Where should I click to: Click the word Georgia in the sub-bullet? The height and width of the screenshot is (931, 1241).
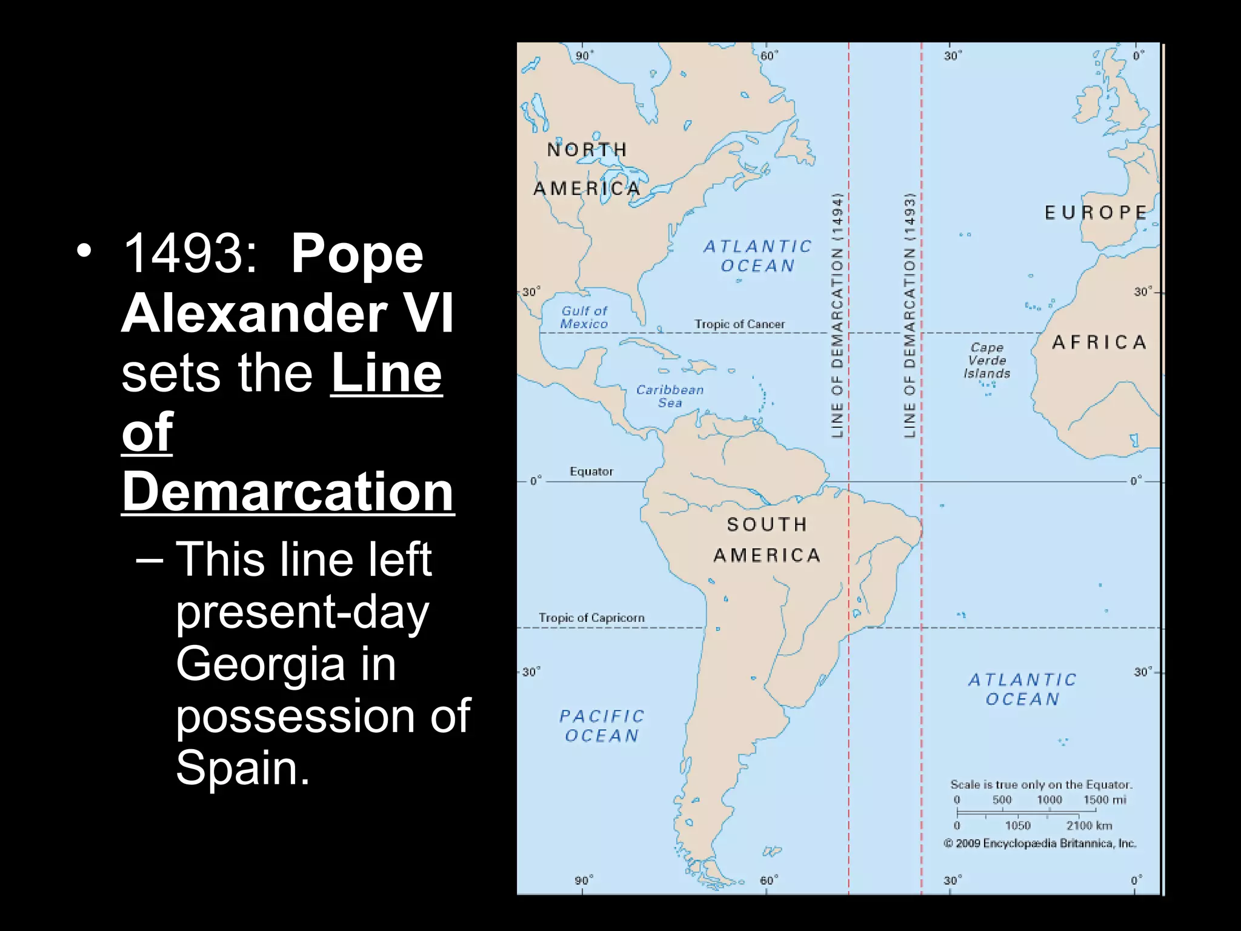coord(260,664)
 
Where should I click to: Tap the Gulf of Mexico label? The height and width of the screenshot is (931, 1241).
coord(584,318)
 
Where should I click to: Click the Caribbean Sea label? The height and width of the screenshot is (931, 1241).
coord(670,396)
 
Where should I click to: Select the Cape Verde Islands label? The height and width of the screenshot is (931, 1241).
coord(987,361)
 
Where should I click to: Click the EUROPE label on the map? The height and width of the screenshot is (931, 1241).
coord(1096,213)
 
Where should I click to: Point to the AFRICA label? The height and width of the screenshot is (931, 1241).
coord(1099,342)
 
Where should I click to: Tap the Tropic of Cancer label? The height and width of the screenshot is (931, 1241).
coord(739,324)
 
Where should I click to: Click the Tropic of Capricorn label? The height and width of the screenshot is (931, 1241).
coord(591,618)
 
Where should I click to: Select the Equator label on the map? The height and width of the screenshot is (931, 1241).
coord(591,472)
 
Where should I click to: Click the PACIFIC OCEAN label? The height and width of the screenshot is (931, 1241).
coord(602,726)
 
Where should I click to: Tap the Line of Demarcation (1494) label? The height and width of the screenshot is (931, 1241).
coord(837,315)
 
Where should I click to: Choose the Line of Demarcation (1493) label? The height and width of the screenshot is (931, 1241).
coord(909,315)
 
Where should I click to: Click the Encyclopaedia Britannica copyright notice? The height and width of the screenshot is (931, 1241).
coord(1040,843)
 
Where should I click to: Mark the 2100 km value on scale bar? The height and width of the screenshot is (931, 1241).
coord(1089,826)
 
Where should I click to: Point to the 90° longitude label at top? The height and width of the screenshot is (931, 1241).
coord(584,56)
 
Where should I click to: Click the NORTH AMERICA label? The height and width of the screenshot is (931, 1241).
coord(587,169)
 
